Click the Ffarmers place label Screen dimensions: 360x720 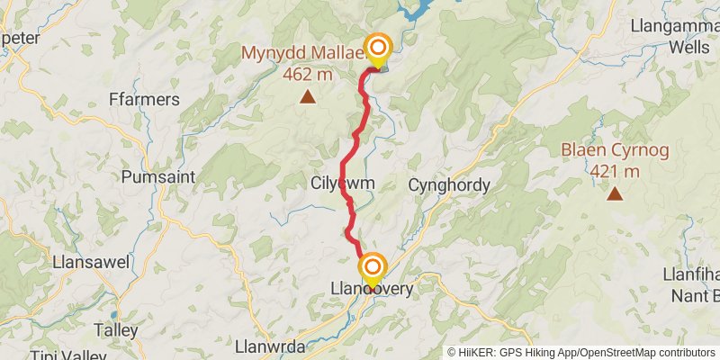(143, 99)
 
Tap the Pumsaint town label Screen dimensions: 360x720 (157, 176)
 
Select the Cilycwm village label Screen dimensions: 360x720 (342, 183)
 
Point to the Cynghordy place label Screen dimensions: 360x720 (449, 185)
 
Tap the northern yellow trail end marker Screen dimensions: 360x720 (378, 49)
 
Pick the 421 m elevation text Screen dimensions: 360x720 (614, 171)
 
